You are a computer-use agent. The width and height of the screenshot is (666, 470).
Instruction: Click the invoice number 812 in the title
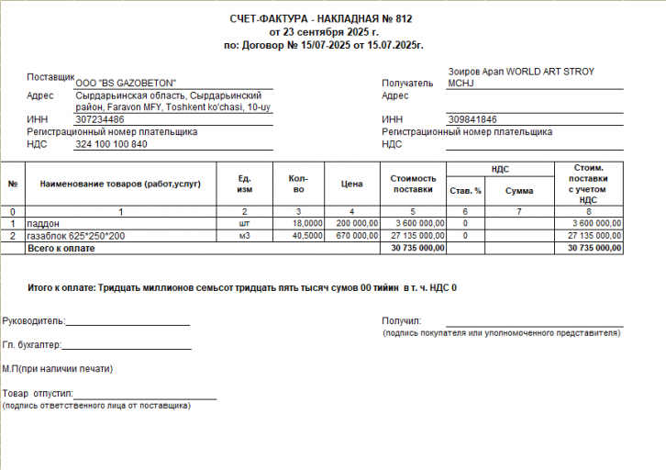[x=406, y=18]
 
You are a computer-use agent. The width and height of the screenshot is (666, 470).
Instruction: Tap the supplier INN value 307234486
[x=100, y=119]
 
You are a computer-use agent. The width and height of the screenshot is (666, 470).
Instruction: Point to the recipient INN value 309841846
[x=472, y=119]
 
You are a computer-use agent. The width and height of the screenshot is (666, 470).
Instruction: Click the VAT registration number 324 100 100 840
[x=111, y=144]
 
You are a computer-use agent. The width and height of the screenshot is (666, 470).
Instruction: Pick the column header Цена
[x=351, y=185]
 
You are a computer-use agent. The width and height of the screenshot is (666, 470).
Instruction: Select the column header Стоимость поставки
[x=412, y=185]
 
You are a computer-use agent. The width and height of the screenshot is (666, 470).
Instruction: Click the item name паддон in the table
[x=42, y=223]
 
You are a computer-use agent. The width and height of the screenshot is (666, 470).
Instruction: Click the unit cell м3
[x=244, y=236]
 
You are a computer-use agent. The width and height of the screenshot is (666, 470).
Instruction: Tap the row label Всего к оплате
[x=61, y=248]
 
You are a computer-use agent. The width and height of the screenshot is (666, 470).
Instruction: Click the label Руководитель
[x=33, y=321]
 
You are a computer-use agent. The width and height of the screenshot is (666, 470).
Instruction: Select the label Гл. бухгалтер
[x=31, y=345]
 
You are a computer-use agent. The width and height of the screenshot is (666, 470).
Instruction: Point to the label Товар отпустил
[x=37, y=393]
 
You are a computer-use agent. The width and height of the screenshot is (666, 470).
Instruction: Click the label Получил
[x=401, y=320]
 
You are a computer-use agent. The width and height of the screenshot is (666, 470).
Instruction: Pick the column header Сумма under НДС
[x=518, y=191]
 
